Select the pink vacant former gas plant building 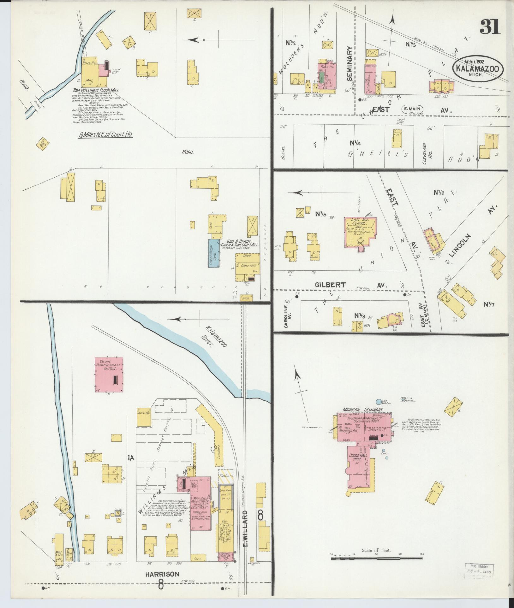pos(109,375)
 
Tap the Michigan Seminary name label pos(363,409)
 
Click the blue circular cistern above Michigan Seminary pos(378,402)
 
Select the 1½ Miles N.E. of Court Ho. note pos(105,135)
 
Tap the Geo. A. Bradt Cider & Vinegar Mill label pos(240,243)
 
